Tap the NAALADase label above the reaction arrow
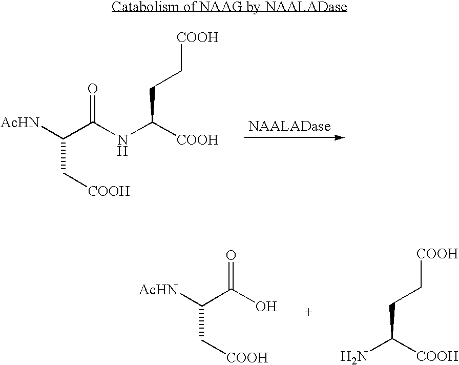(289, 126)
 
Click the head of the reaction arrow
(339, 137)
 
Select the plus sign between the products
(309, 312)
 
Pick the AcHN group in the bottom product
(158, 291)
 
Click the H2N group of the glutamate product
(353, 356)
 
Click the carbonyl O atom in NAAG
(93, 89)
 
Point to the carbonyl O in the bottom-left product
(232, 256)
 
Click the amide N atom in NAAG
(122, 140)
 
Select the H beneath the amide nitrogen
(122, 152)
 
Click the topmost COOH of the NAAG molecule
(197, 38)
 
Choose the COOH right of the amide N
(198, 140)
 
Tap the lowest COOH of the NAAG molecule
(109, 192)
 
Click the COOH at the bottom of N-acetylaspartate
(247, 357)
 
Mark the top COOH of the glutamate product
(437, 254)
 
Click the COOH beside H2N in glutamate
(437, 356)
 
